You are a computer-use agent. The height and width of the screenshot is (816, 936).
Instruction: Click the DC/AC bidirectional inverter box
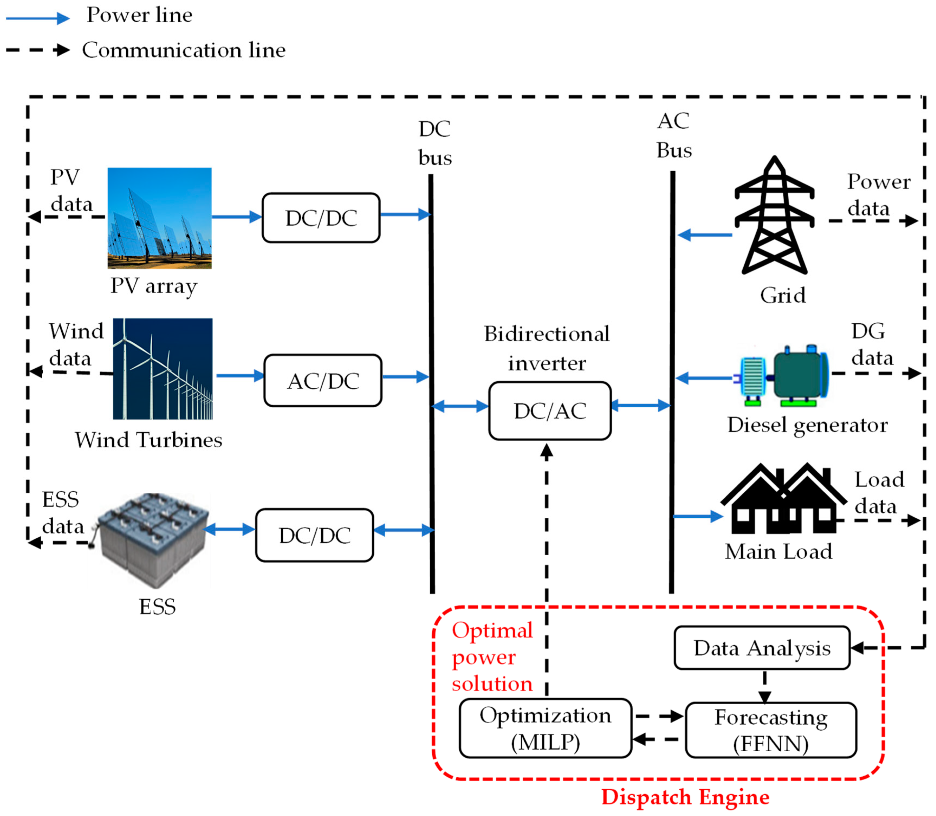point(549,411)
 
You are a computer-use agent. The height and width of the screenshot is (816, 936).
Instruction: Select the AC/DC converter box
point(322,381)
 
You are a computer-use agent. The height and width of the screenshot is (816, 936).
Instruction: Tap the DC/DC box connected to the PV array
point(321,218)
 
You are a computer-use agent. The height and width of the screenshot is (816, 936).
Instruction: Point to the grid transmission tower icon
point(774,216)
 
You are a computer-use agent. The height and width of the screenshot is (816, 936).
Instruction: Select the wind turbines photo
point(162,368)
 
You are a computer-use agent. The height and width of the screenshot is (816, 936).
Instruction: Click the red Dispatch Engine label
point(685,797)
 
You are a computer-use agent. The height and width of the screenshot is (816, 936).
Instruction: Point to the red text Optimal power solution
point(492,657)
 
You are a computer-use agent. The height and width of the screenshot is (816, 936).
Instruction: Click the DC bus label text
point(435,143)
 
